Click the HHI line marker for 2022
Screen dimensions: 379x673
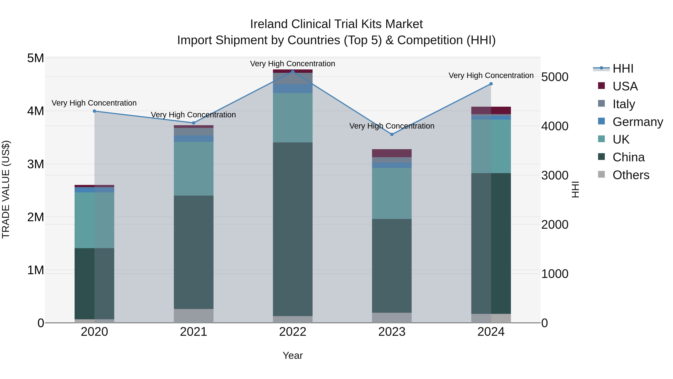pyautogui.click(x=293, y=71)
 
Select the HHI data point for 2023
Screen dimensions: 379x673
pyautogui.click(x=392, y=134)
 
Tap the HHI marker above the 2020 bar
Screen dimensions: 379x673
pyautogui.click(x=95, y=111)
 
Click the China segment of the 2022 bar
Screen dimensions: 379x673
pyautogui.click(x=293, y=229)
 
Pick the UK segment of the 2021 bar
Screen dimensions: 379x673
pyautogui.click(x=194, y=169)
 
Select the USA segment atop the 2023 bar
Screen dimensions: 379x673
pyautogui.click(x=392, y=153)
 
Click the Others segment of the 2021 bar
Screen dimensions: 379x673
pyautogui.click(x=194, y=316)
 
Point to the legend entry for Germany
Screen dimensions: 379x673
pyautogui.click(x=637, y=122)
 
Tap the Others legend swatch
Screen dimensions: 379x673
pyautogui.click(x=601, y=174)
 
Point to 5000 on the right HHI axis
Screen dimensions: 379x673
pyautogui.click(x=555, y=77)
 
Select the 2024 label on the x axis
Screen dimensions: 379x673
pyautogui.click(x=491, y=332)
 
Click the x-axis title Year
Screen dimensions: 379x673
pyautogui.click(x=293, y=355)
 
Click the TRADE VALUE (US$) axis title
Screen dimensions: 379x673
pyautogui.click(x=6, y=190)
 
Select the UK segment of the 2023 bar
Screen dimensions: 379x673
pyautogui.click(x=392, y=193)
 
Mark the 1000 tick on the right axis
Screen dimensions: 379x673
pyautogui.click(x=555, y=274)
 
